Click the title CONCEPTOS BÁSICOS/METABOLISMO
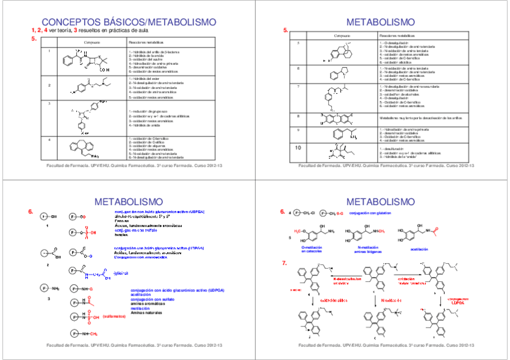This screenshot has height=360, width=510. (129, 22)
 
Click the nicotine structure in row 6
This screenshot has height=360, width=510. (334, 75)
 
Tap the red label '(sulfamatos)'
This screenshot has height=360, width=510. (113, 316)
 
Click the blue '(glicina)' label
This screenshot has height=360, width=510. (121, 273)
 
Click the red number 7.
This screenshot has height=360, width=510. (283, 263)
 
